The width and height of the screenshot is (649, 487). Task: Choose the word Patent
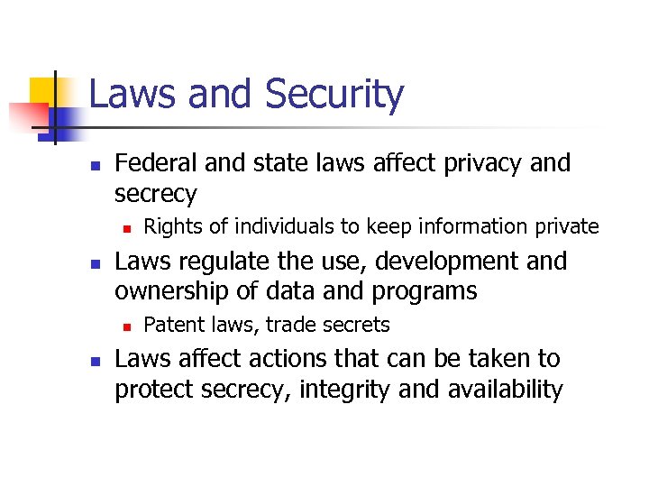point(171,325)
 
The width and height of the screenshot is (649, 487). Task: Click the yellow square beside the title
point(45,90)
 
